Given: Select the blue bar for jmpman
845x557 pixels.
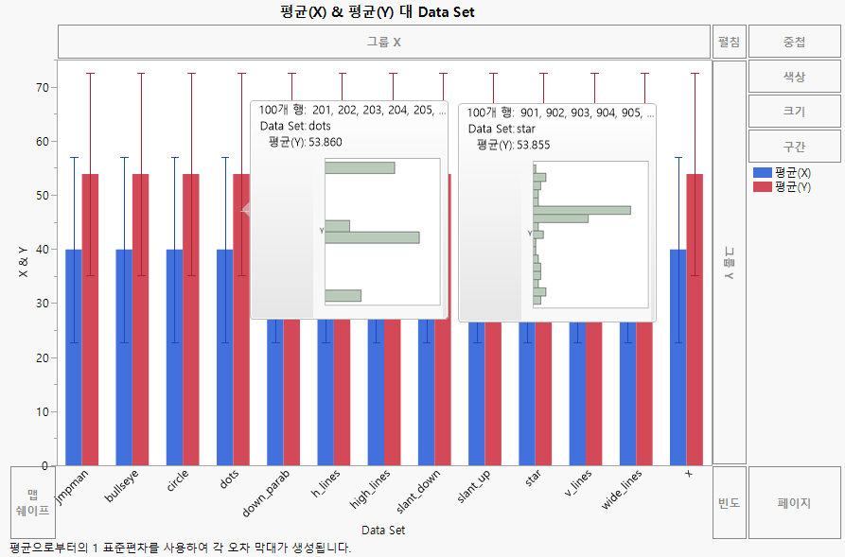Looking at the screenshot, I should [x=74, y=359].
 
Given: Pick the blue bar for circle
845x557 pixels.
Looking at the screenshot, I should [x=174, y=359].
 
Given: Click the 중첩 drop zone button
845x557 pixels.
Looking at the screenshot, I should [x=794, y=42].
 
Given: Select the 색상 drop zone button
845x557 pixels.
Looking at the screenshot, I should [x=794, y=77].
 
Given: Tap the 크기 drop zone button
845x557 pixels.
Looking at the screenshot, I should [x=794, y=111].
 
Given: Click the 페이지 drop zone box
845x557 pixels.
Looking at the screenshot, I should [x=794, y=502].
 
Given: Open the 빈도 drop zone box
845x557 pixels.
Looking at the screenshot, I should [x=729, y=502].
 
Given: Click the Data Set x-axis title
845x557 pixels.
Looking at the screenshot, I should [x=383, y=531].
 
